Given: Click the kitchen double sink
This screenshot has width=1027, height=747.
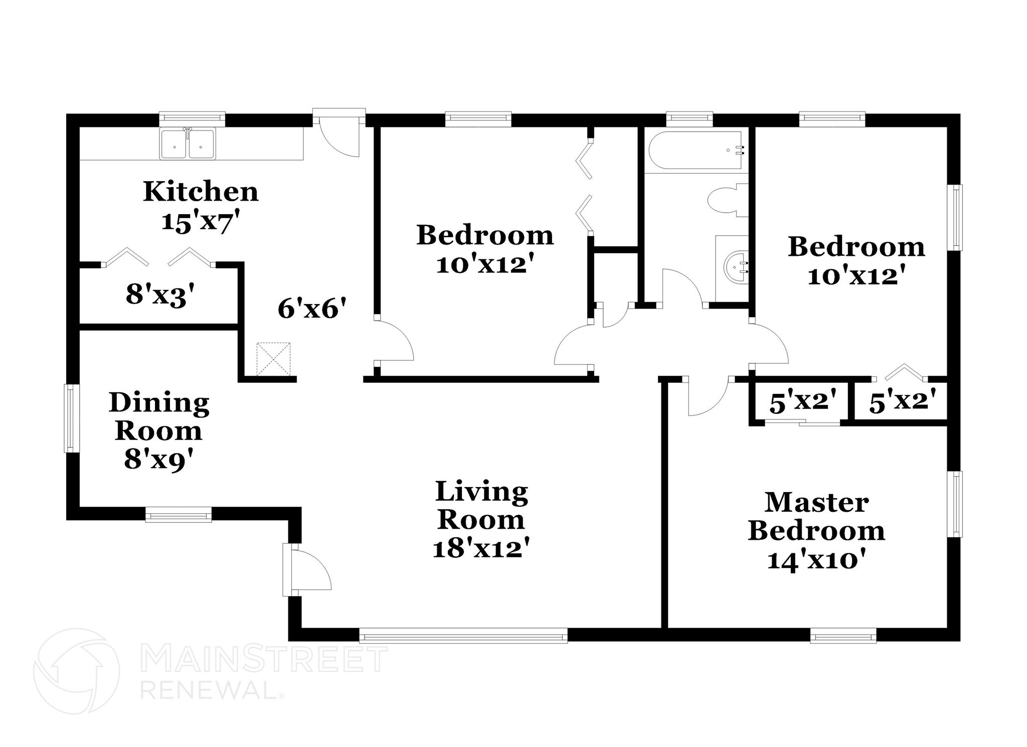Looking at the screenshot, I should tap(188, 144).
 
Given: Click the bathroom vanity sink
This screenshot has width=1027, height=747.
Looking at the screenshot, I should tap(735, 266).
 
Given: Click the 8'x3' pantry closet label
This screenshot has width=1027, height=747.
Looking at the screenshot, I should tap(160, 294).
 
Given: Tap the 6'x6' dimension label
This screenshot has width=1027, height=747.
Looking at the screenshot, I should tap(312, 309).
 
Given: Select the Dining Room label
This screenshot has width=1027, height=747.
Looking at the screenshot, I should tap(159, 416).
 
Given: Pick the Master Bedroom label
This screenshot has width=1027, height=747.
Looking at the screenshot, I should tap(816, 517).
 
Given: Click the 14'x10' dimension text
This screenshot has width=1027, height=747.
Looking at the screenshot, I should tap(816, 559).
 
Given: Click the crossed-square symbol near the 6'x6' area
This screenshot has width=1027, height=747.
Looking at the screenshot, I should tap(273, 359).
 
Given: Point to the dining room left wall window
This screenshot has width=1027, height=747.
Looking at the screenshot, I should tap(70, 418).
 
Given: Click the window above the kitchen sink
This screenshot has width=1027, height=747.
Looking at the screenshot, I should tap(192, 119).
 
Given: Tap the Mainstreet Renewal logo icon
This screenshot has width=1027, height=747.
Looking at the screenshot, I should tap(76, 671).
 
